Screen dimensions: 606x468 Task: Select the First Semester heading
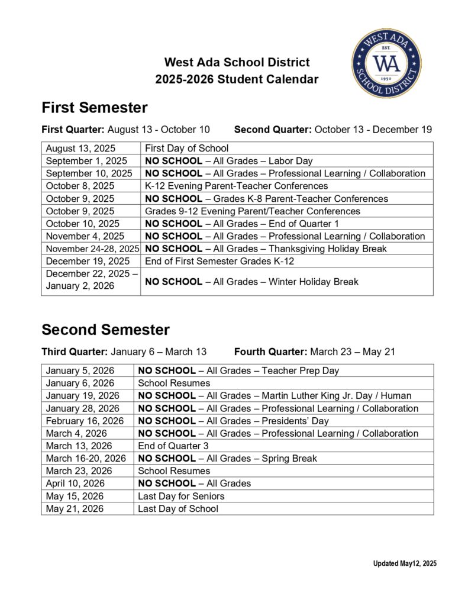94,108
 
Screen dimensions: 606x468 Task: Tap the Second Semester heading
105,330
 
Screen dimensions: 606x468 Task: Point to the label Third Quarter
74,352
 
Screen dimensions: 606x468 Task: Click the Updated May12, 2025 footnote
405,564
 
